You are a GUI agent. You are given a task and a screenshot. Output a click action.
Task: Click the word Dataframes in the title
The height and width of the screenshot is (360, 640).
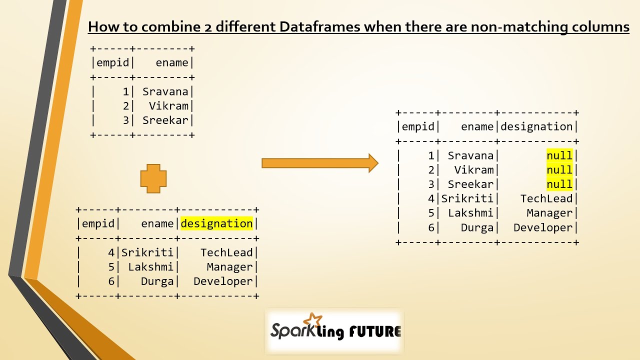[x=319, y=27]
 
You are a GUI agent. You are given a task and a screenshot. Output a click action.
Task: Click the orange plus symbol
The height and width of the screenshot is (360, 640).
[x=153, y=178]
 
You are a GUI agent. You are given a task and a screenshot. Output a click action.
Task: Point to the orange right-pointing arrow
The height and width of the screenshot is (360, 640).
[x=320, y=163]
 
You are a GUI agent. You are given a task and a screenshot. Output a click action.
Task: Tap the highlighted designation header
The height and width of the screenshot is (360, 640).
[x=217, y=223]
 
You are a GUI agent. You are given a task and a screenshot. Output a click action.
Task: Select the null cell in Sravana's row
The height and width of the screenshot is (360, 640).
[x=559, y=155]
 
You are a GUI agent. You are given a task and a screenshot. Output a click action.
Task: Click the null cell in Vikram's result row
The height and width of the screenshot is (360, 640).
[x=559, y=170]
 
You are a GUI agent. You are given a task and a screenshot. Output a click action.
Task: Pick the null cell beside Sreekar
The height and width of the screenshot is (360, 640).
[x=559, y=184]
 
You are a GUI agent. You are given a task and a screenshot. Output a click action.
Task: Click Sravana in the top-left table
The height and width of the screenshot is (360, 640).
[x=165, y=91]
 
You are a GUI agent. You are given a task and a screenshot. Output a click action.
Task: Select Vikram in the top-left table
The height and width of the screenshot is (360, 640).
[x=168, y=106]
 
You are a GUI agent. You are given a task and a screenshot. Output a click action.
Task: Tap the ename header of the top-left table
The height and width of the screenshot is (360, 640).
[x=172, y=62]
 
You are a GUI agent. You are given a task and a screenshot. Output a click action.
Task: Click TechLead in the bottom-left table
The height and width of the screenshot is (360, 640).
[x=226, y=252]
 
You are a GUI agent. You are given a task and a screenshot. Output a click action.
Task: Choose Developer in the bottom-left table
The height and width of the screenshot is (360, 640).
[x=223, y=281]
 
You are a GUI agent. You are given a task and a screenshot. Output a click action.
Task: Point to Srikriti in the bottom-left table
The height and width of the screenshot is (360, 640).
[x=147, y=252]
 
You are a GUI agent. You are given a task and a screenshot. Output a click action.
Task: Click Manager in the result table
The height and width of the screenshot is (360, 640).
[x=549, y=213]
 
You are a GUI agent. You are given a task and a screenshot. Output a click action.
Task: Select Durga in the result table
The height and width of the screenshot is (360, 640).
[x=477, y=227]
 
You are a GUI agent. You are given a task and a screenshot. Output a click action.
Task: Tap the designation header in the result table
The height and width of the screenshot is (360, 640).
[x=536, y=126]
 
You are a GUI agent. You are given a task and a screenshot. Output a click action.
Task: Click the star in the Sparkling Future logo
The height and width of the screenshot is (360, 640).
[x=312, y=319]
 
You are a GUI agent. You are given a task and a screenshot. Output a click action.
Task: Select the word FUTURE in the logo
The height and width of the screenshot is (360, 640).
[x=375, y=331]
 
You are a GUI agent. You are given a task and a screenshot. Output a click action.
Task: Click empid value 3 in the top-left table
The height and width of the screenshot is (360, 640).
[x=126, y=120]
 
